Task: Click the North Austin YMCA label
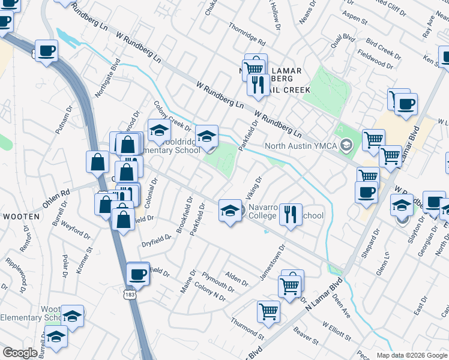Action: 302,145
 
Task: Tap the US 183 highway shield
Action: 128,295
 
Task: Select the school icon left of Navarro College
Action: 229,211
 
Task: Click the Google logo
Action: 20,353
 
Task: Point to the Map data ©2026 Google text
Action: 412,355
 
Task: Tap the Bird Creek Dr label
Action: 382,50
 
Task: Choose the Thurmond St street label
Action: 248,326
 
